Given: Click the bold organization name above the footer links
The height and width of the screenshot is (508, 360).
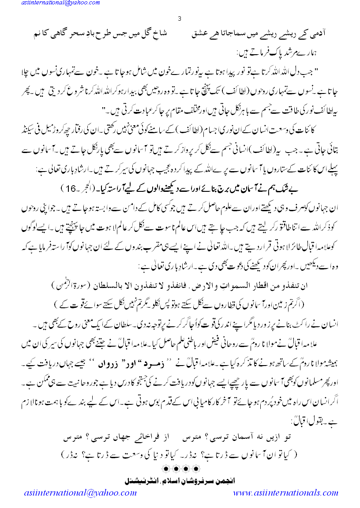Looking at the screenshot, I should pos(179,478).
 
